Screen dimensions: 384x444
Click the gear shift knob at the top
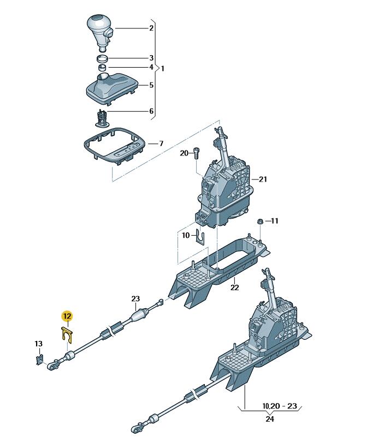(99, 33)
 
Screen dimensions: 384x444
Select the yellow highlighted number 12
(67, 316)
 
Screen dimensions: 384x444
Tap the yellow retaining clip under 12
(67, 335)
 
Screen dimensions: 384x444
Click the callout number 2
(151, 28)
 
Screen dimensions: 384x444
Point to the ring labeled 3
(102, 59)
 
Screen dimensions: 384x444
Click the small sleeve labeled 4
(102, 68)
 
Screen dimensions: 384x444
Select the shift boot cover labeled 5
(111, 88)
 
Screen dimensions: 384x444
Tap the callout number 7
(161, 143)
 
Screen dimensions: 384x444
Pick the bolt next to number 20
(196, 153)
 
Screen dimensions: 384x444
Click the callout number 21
(263, 179)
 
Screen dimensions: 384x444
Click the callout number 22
(234, 287)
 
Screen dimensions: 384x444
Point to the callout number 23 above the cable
(135, 299)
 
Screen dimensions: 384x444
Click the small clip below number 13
(39, 359)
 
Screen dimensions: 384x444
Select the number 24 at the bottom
(270, 418)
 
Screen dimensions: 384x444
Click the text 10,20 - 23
(280, 406)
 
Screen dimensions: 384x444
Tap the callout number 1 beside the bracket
(163, 69)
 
